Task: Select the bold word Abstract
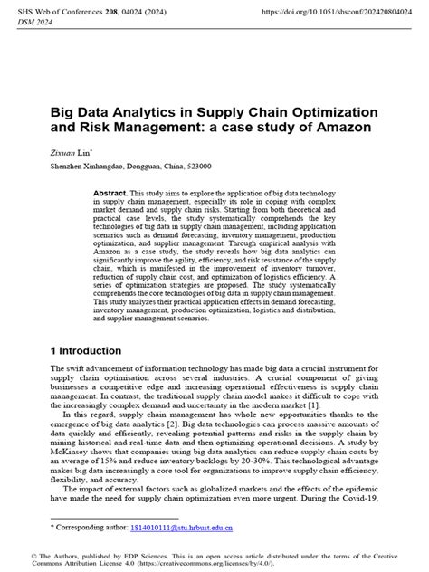click(110, 194)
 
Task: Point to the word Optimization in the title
click(329, 111)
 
